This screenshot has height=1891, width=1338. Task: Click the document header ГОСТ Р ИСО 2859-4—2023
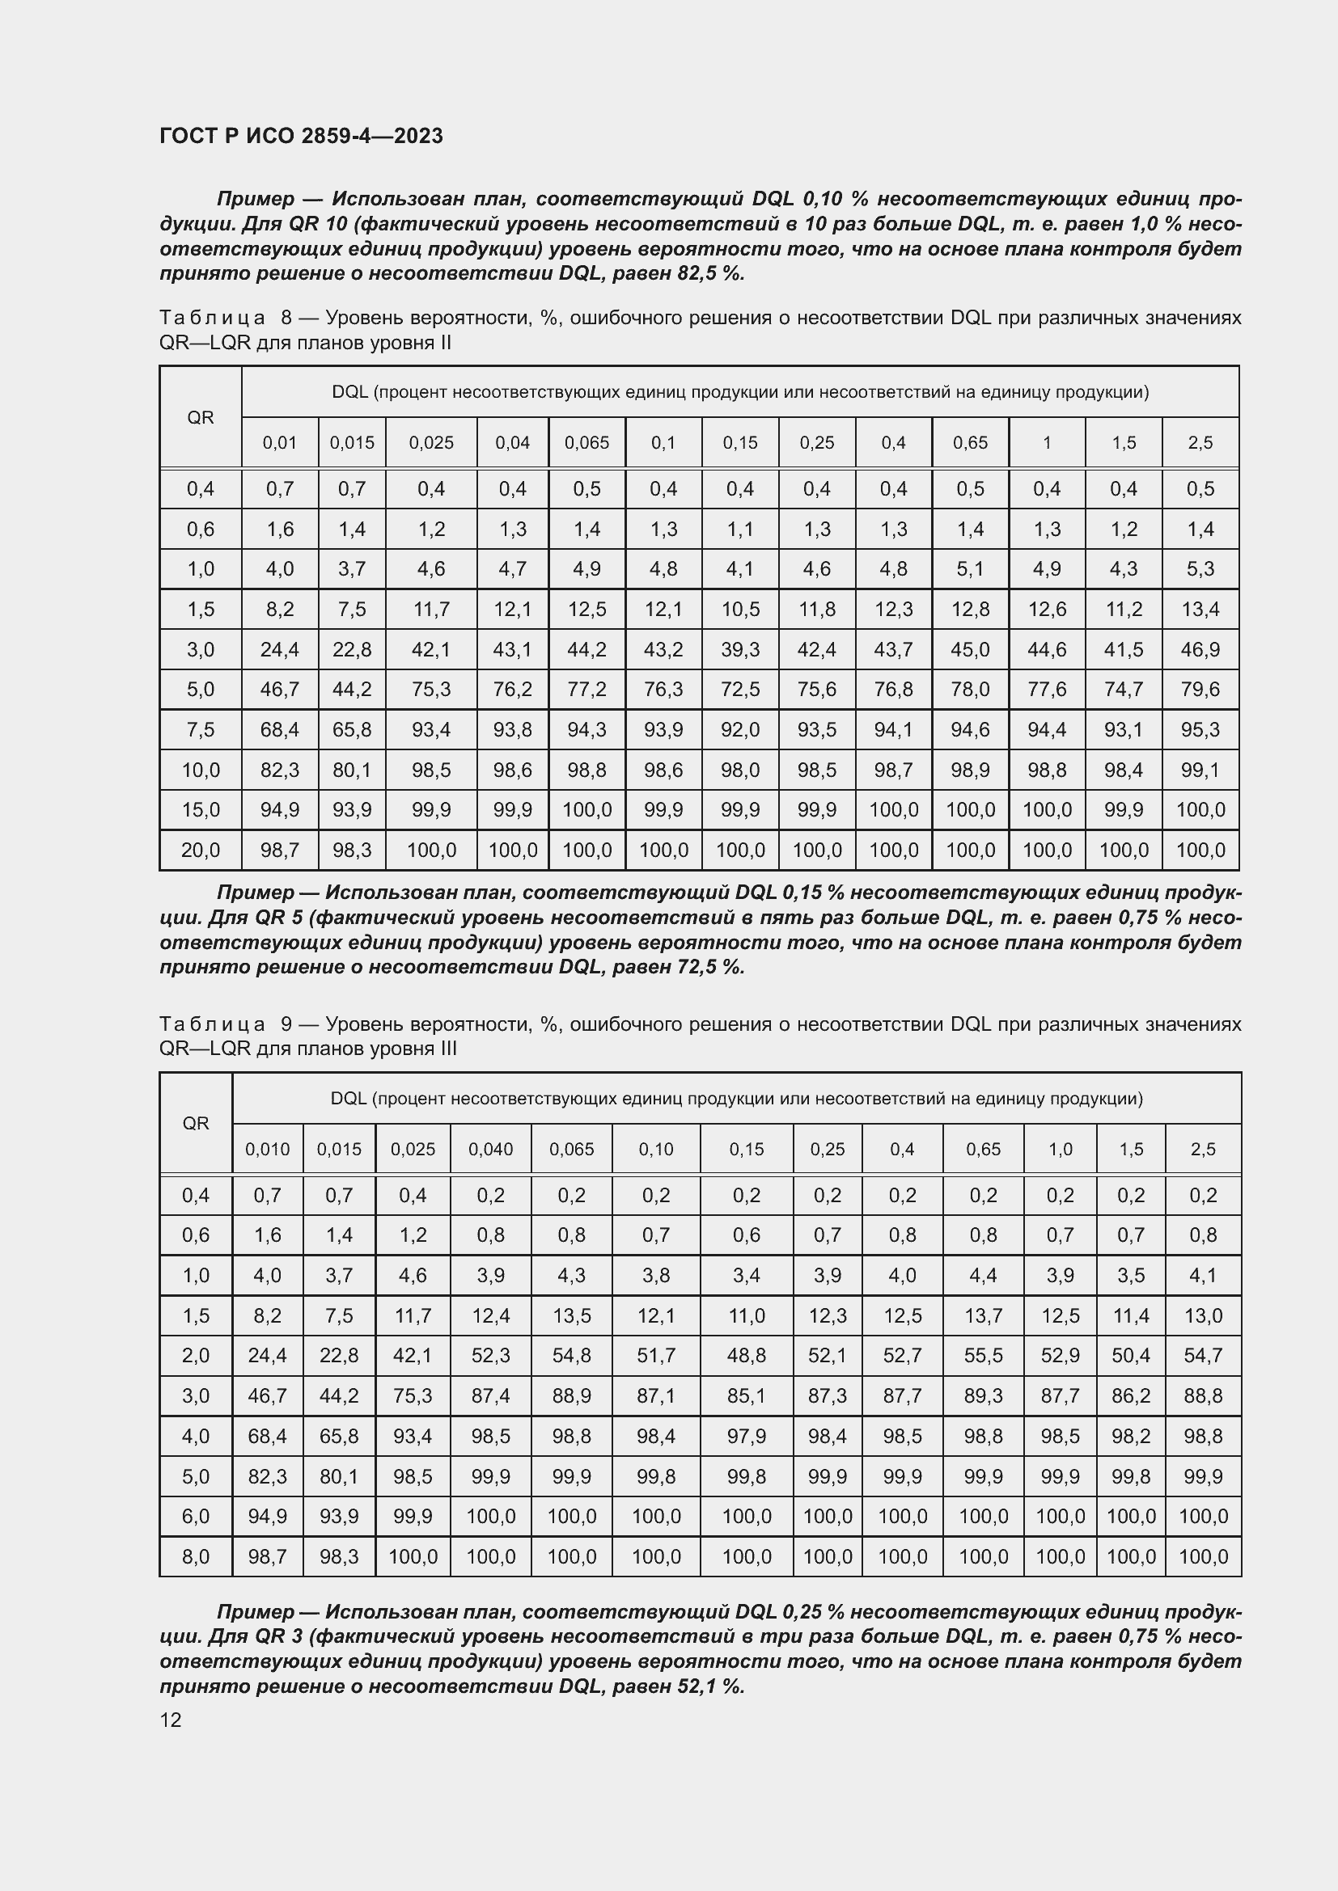(x=301, y=136)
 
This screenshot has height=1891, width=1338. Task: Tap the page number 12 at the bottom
(x=171, y=1720)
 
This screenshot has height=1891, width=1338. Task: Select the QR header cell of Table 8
(x=200, y=417)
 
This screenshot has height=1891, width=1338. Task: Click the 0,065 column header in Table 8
(x=586, y=443)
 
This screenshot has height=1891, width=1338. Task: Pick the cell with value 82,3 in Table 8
(x=279, y=770)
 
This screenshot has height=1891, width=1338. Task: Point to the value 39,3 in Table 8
(x=740, y=650)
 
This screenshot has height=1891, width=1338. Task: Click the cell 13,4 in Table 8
(x=1200, y=610)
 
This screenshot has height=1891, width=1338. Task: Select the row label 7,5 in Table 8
(x=200, y=730)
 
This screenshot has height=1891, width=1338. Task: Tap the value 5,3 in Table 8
(x=1200, y=569)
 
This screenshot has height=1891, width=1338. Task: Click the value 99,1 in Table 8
(x=1200, y=770)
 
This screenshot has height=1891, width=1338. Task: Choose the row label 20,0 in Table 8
(x=200, y=850)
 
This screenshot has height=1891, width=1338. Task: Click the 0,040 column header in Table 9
(x=490, y=1149)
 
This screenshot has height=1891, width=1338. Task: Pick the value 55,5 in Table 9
(x=983, y=1356)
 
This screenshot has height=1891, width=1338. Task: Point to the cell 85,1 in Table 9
(x=746, y=1396)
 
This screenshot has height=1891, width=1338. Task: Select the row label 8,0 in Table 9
(x=195, y=1556)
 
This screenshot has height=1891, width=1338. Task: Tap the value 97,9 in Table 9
(x=746, y=1437)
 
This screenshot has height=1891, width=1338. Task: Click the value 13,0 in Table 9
(x=1202, y=1315)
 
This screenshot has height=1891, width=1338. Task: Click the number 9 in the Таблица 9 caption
(x=286, y=1024)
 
